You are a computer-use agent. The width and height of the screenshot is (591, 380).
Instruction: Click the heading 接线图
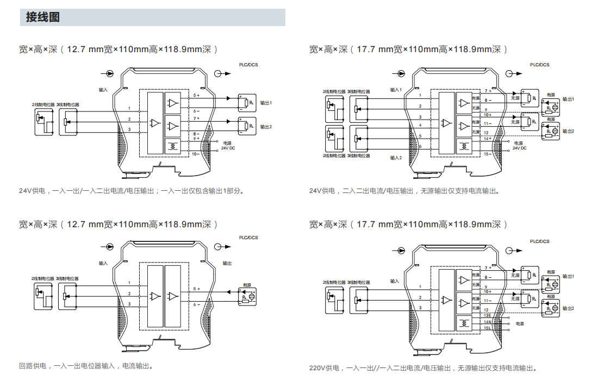[43, 17]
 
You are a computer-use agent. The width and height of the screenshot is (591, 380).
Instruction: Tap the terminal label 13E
[487, 315]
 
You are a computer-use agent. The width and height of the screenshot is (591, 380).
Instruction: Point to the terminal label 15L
[487, 327]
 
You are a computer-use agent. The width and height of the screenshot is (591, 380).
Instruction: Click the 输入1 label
[395, 90]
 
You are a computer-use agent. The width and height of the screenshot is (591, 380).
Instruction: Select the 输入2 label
[395, 158]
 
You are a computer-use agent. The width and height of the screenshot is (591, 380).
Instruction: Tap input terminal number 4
[420, 126]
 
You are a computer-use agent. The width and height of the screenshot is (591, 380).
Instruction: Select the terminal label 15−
[487, 154]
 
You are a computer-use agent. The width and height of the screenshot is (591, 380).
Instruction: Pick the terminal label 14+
[487, 139]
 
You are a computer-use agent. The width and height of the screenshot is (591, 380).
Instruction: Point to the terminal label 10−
[196, 154]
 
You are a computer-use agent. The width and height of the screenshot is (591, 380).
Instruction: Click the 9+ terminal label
[196, 139]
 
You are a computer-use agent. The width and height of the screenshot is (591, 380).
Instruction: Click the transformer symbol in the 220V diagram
[463, 323]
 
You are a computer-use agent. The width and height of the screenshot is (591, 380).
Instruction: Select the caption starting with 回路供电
[86, 366]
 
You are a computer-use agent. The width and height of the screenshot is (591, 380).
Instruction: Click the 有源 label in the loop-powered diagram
[247, 285]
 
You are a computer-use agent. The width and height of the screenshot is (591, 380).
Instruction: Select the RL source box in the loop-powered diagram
[247, 296]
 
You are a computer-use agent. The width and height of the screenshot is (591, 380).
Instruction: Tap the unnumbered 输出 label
[227, 263]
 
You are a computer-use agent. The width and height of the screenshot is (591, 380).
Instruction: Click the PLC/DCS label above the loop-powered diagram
[248, 238]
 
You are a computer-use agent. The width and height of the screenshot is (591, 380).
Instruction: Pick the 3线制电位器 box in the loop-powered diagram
[67, 296]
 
